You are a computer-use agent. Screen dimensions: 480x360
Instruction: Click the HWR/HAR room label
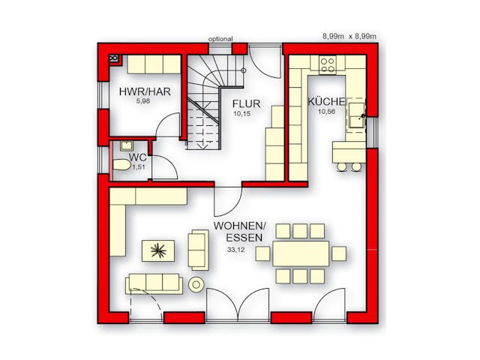pyautogui.click(x=145, y=91)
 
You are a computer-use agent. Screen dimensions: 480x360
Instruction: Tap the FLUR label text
pyautogui.click(x=247, y=103)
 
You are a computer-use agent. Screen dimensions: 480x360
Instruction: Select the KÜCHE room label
pyautogui.click(x=327, y=102)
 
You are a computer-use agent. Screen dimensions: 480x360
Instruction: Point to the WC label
pyautogui.click(x=138, y=157)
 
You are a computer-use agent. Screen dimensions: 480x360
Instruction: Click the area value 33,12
pyautogui.click(x=236, y=250)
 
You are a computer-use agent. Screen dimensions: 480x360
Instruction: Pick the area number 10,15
pyautogui.click(x=241, y=113)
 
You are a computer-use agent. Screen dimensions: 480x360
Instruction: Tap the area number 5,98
pyautogui.click(x=143, y=101)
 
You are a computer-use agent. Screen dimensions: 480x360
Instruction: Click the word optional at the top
pyautogui.click(x=220, y=39)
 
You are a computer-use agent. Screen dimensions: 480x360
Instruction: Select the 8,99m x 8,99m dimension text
pyautogui.click(x=349, y=37)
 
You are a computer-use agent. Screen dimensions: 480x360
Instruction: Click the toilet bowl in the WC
pyautogui.click(x=121, y=165)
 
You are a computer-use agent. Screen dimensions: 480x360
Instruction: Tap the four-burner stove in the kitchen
pyautogui.click(x=327, y=65)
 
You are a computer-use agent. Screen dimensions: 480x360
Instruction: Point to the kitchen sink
pyautogui.click(x=357, y=115)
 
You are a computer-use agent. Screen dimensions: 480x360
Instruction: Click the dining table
pyautogui.click(x=301, y=253)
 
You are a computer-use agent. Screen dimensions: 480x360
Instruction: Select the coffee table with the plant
pyautogui.click(x=158, y=250)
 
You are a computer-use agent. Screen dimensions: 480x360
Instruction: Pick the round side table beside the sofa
pyautogui.click(x=196, y=285)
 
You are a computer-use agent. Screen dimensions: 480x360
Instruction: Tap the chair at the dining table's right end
pyautogui.click(x=339, y=253)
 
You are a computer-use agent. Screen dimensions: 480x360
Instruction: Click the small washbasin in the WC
pyautogui.click(x=126, y=145)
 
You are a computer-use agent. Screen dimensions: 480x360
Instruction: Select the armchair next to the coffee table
pyautogui.click(x=198, y=250)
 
